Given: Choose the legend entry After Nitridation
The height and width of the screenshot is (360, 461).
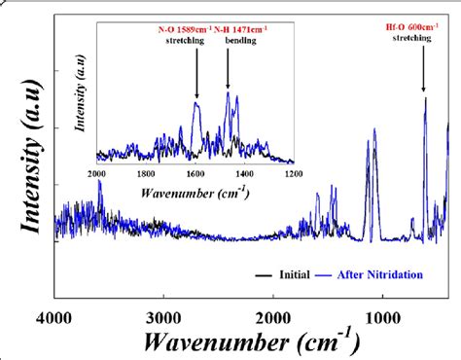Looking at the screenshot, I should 376,275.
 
